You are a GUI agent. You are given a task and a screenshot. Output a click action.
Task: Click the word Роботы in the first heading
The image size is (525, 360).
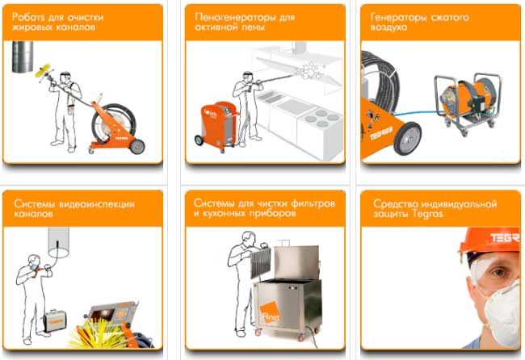27,17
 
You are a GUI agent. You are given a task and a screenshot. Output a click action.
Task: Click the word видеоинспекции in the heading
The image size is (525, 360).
97,203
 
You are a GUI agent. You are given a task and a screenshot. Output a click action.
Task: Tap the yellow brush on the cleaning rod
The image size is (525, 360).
44,71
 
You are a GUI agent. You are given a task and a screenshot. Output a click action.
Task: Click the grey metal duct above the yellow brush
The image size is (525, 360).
23,57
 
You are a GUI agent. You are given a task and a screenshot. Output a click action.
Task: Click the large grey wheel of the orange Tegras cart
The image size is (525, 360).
407,139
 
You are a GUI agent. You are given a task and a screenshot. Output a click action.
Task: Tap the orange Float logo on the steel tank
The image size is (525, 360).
271,312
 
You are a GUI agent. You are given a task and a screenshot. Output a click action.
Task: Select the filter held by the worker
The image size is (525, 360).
260,262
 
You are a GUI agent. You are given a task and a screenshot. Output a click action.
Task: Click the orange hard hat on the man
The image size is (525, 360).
489,241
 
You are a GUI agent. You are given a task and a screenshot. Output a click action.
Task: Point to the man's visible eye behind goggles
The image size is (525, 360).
499,271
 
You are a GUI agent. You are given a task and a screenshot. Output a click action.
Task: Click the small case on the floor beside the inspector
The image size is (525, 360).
55,320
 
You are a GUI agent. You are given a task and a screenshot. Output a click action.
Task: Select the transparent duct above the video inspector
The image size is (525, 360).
58,241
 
